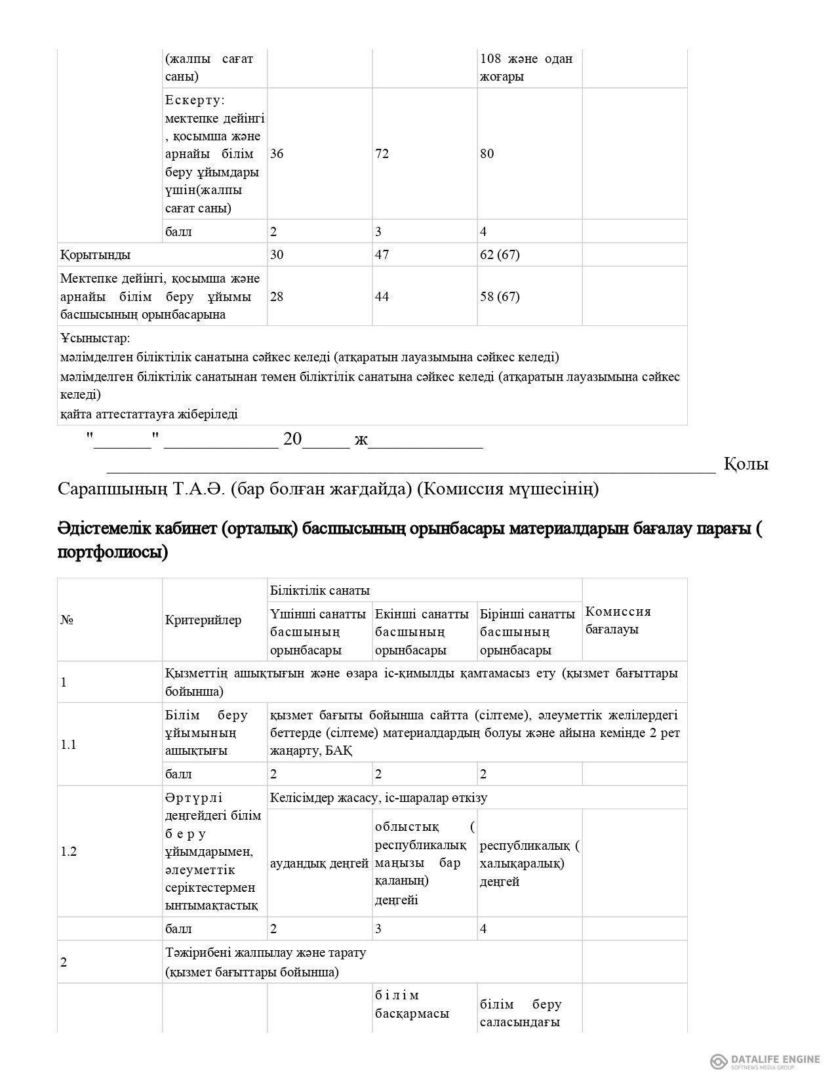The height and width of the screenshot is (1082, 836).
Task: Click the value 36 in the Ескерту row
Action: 277,154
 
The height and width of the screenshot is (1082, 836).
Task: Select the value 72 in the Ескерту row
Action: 382,154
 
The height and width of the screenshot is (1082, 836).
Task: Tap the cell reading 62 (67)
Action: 500,254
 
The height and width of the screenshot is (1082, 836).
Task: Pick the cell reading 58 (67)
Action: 500,296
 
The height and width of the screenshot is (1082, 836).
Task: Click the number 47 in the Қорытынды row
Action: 382,254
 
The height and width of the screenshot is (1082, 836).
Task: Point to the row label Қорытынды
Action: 95,254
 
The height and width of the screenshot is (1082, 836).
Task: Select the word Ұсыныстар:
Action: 95,338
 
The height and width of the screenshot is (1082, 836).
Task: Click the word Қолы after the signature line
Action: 746,464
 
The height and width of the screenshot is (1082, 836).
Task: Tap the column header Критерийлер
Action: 203,620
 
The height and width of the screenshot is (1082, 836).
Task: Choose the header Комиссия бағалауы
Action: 618,620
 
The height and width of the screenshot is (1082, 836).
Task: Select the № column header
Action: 66,620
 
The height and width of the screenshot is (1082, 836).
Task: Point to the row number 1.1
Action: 69,744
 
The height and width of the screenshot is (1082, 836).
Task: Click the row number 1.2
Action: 69,852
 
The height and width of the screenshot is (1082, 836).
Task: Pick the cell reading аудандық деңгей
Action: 319,864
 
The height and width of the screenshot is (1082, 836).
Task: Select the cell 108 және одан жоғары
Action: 526,68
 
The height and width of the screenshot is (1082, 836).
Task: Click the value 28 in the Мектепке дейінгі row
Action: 277,296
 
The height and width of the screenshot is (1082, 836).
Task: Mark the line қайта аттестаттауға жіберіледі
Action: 149,414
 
